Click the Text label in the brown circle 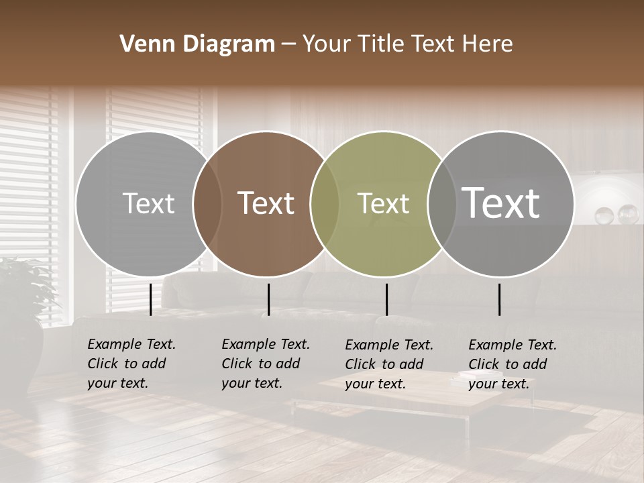[x=266, y=203]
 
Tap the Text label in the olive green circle [x=383, y=203]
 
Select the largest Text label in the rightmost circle [x=501, y=203]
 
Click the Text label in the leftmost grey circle [x=148, y=203]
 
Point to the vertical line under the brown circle [x=268, y=299]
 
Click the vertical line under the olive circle [x=386, y=299]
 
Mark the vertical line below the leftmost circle [x=150, y=299]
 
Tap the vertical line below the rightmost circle [x=500, y=299]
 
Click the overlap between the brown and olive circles [x=324, y=203]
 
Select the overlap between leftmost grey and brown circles [x=207, y=203]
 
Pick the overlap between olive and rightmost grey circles [x=441, y=203]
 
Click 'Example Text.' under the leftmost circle [x=131, y=344]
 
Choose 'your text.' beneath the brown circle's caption [x=252, y=383]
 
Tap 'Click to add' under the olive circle [x=384, y=364]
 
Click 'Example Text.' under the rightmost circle [x=513, y=345]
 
